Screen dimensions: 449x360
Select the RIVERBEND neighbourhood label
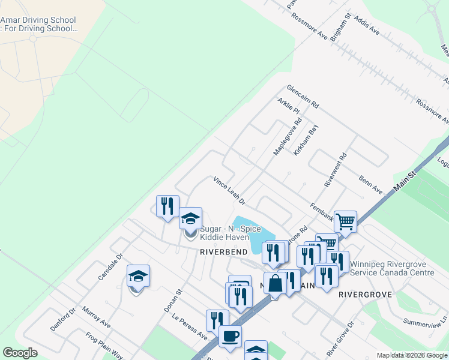point(224,253)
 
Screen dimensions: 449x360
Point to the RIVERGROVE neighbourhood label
point(366,295)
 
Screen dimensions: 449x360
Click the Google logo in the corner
point(20,353)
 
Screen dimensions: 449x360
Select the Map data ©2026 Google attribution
point(412,355)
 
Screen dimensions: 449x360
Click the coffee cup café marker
point(230,337)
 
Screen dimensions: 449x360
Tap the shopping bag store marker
point(275,283)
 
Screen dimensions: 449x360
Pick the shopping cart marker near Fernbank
point(345,221)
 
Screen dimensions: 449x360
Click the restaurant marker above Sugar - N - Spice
point(167,206)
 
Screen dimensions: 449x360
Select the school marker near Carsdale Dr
point(138,277)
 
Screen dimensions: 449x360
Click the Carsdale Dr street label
point(110,268)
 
